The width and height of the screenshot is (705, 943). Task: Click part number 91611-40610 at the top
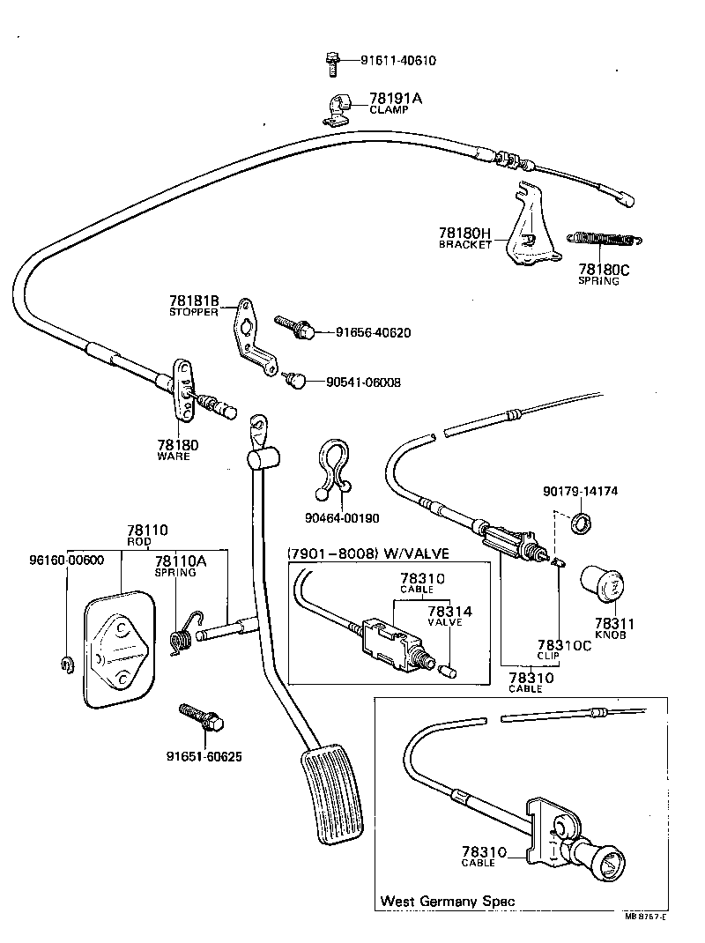click(x=397, y=61)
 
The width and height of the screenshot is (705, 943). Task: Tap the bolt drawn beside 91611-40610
click(x=329, y=62)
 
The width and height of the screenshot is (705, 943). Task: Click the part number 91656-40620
click(x=373, y=333)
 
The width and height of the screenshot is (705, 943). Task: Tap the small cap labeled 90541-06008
click(x=296, y=381)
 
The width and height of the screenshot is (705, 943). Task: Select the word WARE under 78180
click(x=174, y=457)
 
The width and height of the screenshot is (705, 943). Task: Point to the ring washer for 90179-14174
click(x=582, y=523)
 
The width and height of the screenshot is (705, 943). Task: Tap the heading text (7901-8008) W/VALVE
click(x=367, y=553)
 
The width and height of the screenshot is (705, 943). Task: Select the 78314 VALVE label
click(x=449, y=614)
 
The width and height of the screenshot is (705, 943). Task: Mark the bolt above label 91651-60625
click(x=200, y=719)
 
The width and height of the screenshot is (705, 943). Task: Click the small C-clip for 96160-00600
click(x=66, y=662)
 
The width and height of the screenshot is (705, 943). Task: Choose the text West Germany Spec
click(x=448, y=901)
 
